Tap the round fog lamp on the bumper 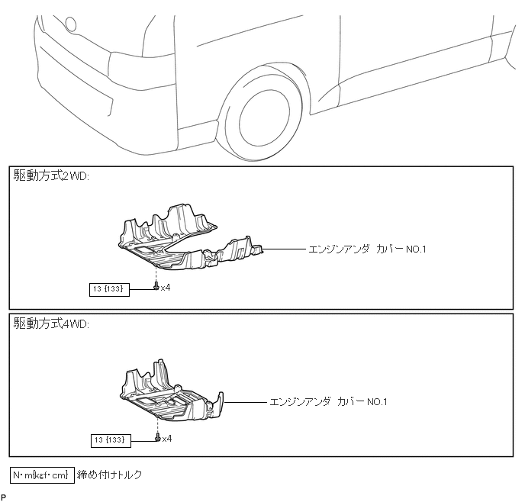[72, 24]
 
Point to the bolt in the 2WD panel [156, 287]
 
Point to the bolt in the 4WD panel [157, 438]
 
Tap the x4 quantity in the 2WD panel [166, 288]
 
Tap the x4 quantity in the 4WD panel [167, 439]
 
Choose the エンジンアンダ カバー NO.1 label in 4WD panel [329, 401]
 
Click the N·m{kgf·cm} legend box [43, 475]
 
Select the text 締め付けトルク [110, 475]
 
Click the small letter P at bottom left [3, 497]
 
